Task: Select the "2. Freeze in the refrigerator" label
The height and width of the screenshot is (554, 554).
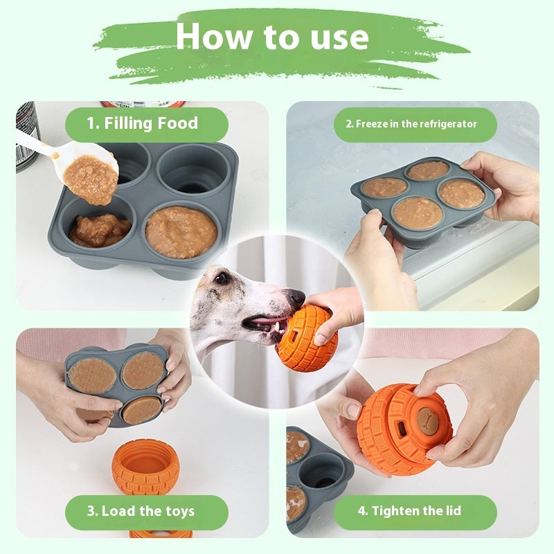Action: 411,124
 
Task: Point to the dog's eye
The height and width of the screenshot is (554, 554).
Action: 222,278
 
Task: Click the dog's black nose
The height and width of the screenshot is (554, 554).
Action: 296,298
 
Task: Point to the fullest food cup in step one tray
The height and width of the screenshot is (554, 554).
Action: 181,231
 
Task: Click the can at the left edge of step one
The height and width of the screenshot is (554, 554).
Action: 26,135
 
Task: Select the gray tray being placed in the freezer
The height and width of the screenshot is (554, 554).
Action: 422,201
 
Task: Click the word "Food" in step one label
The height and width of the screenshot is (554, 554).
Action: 177,124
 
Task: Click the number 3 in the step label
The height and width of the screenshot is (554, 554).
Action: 91,512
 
